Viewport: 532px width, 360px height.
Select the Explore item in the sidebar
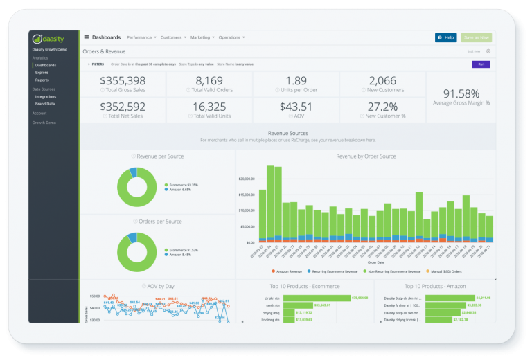(x=42, y=72)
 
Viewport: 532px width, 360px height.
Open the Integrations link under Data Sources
(x=46, y=96)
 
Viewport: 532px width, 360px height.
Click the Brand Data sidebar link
(x=45, y=103)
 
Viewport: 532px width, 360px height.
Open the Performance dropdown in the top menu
(x=141, y=37)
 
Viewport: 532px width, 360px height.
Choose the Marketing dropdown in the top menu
(x=202, y=37)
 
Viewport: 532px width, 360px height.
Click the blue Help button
(x=445, y=37)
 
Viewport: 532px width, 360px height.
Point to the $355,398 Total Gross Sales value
(x=123, y=81)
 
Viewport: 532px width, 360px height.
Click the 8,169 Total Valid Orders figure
(x=209, y=81)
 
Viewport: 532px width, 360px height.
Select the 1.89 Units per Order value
(x=296, y=81)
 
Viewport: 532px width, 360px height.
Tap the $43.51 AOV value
(x=296, y=107)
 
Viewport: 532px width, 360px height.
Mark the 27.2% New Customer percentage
(x=382, y=107)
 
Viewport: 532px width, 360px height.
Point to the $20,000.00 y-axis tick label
(x=247, y=179)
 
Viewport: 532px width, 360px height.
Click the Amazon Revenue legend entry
(x=288, y=271)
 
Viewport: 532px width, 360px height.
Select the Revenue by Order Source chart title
(x=366, y=156)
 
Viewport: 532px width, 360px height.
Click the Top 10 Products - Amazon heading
(x=435, y=285)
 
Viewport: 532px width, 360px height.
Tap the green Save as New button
(x=477, y=37)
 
